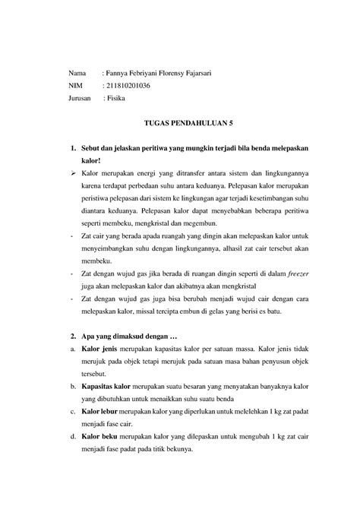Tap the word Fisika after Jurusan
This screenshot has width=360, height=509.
point(118,99)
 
